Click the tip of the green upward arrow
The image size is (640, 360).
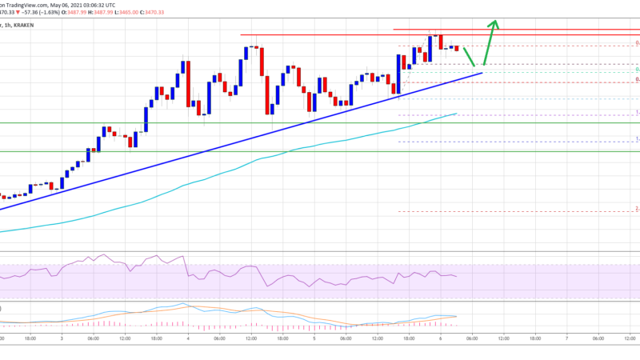point(496,20)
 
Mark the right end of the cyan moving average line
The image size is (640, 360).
point(456,114)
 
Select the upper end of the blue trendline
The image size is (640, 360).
point(482,73)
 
